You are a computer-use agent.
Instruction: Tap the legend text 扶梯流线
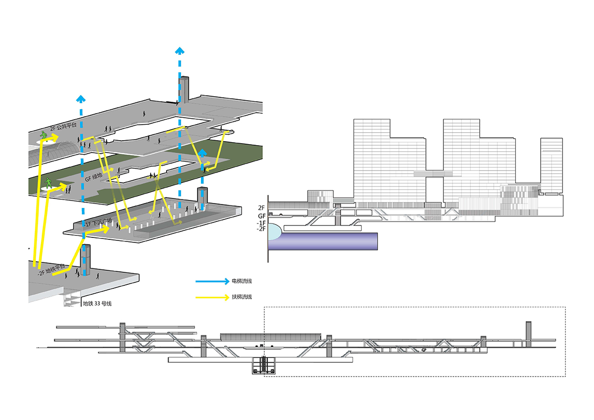point(241,297)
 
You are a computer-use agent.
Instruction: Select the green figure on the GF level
point(49,183)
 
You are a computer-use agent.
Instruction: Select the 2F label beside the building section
point(261,208)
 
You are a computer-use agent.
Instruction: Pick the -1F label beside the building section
point(261,223)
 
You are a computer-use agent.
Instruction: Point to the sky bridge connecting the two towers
point(434,173)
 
